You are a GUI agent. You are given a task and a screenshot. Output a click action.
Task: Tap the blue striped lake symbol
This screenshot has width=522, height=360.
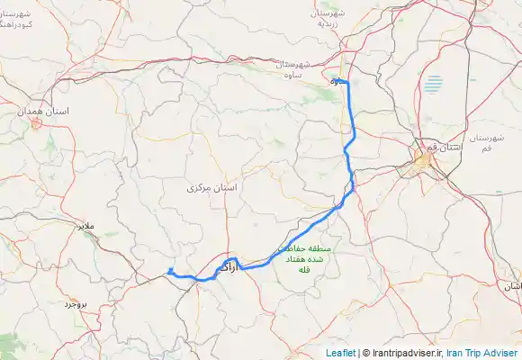pyautogui.click(x=435, y=85)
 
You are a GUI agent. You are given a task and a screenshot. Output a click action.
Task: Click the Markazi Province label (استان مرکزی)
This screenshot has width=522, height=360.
pyautogui.click(x=212, y=189)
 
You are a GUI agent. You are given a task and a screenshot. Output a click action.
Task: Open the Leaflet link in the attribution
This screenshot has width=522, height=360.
pyautogui.click(x=339, y=353)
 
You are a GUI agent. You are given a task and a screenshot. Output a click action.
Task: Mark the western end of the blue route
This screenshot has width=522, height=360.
pyautogui.click(x=170, y=271)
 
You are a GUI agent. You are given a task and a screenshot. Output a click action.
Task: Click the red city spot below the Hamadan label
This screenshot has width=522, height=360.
pyautogui.click(x=36, y=123)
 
